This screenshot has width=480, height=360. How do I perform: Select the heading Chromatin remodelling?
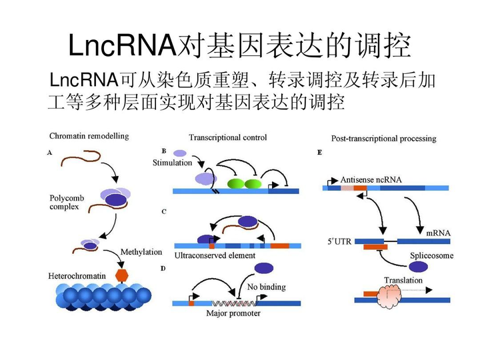(89, 136)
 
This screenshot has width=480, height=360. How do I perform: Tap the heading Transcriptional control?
(227, 137)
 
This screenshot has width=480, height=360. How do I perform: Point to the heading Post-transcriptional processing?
(383, 139)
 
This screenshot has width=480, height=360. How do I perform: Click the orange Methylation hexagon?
(121, 275)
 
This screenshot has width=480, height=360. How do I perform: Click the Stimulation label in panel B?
(172, 163)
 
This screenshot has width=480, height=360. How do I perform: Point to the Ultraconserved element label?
(214, 255)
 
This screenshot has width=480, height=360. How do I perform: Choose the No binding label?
(266, 287)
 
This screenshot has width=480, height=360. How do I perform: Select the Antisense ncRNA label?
(371, 179)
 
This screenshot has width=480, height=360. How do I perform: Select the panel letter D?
(163, 268)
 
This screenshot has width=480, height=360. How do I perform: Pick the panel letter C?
(164, 212)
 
